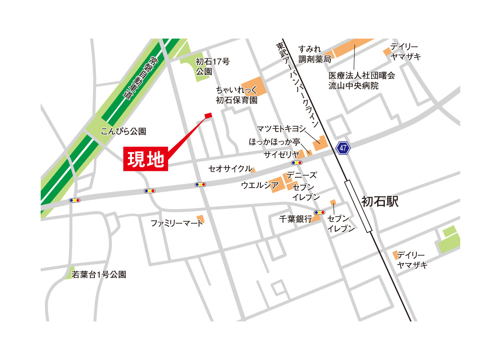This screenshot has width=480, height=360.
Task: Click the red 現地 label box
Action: tap(146, 160)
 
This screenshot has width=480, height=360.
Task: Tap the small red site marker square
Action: tap(208, 116)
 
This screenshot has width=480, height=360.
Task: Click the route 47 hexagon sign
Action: tap(343, 148)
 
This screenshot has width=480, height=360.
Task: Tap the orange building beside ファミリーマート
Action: tap(201, 219)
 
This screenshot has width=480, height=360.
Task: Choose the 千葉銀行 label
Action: tap(295, 219)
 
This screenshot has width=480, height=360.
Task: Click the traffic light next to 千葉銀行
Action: tap(320, 212)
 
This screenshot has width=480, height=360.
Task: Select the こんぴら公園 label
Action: tap(124, 131)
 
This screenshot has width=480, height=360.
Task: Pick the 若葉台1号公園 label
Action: tap(99, 275)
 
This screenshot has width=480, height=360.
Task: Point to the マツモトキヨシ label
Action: tap(281, 128)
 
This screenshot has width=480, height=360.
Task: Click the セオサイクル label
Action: tap(230, 168)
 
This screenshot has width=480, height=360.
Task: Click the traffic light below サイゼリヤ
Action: tap(297, 163)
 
